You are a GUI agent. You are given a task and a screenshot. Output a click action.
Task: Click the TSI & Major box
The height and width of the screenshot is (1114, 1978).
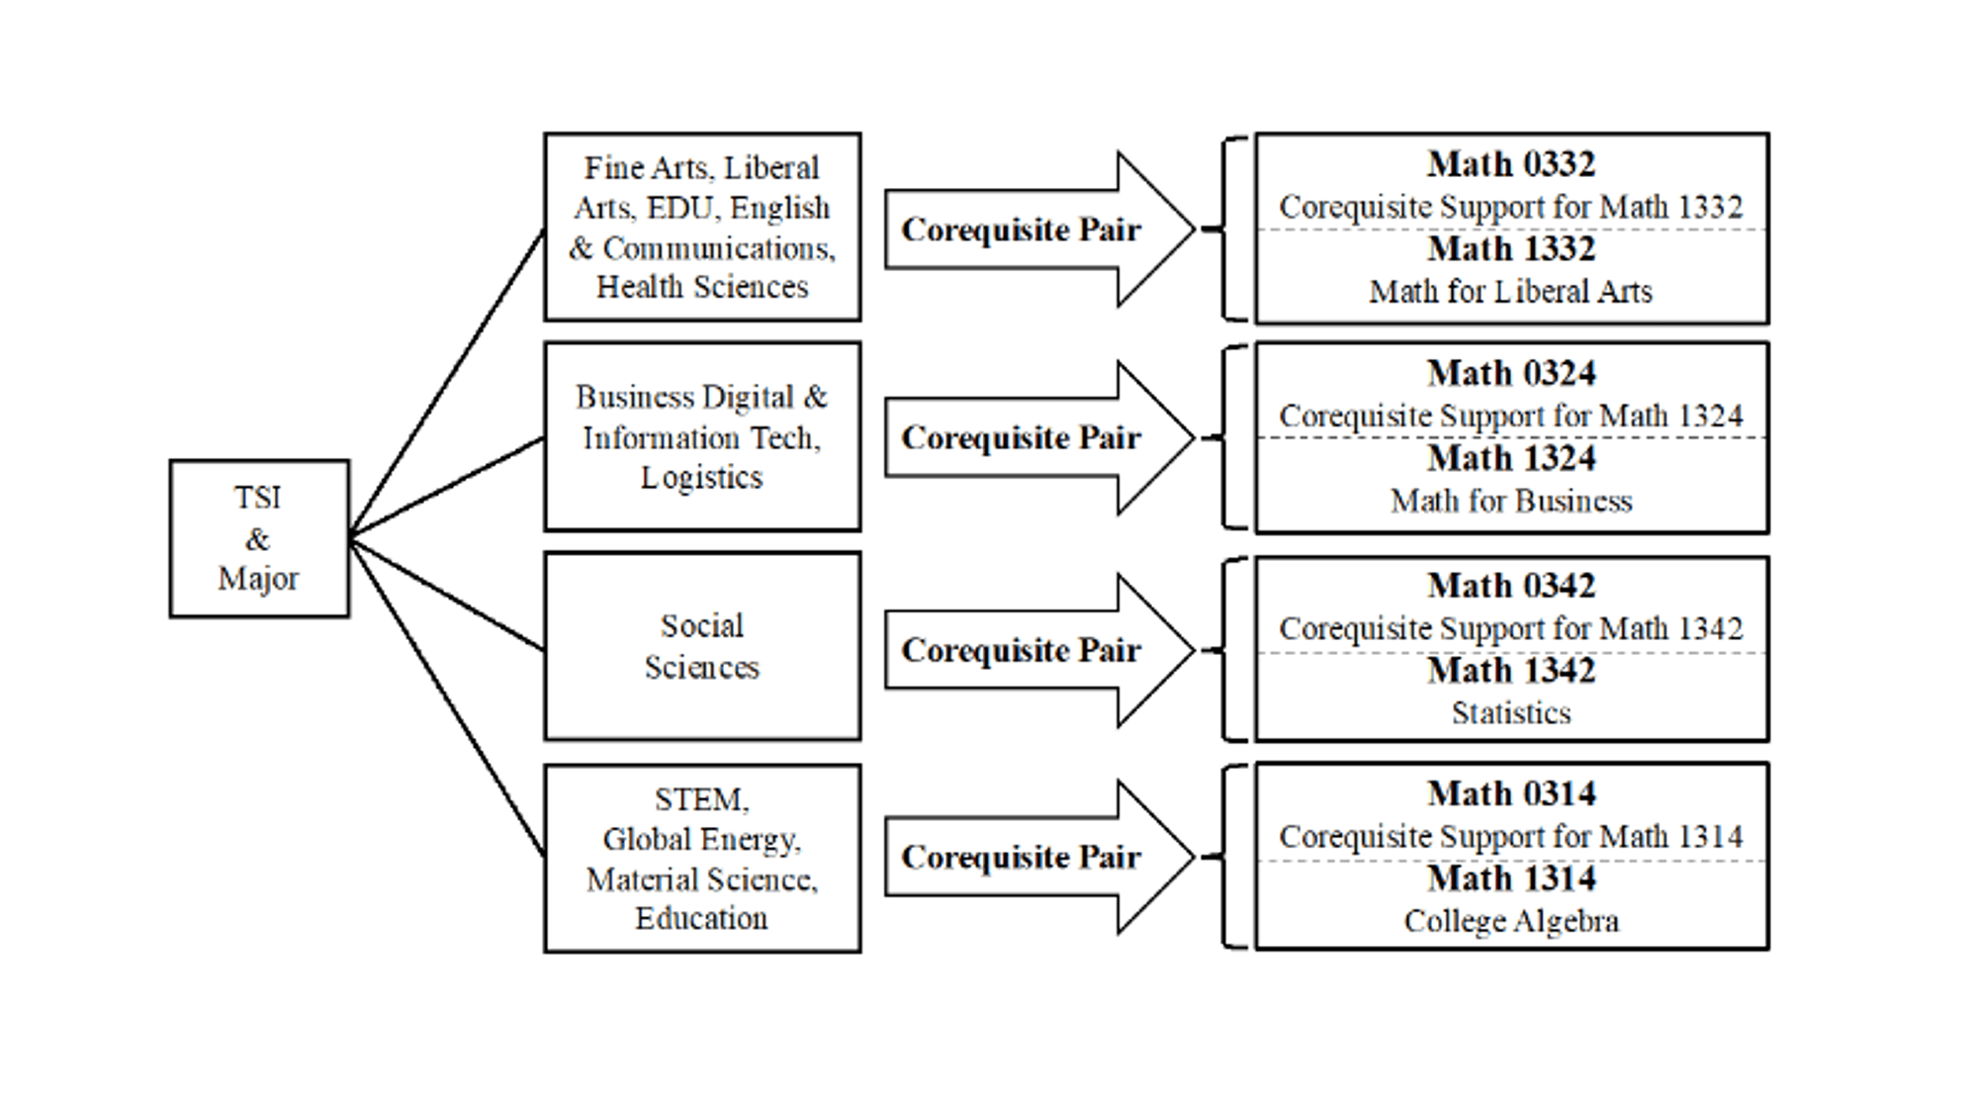tap(259, 539)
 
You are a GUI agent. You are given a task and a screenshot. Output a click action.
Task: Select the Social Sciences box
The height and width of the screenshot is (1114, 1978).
tap(701, 646)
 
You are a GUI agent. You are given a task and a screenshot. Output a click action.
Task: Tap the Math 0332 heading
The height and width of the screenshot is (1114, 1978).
tap(1510, 164)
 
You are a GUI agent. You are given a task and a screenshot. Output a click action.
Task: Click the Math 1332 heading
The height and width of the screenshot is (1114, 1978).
tap(1510, 249)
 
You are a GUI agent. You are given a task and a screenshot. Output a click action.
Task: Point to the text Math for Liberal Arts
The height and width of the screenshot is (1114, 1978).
tap(1510, 292)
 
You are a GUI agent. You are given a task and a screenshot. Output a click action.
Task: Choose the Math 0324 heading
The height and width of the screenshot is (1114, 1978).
tap(1510, 374)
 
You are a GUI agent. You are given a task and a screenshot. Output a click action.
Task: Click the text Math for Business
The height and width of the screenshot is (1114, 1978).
tap(1510, 502)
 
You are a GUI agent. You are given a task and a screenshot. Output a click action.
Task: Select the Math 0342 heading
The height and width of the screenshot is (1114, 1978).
tap(1510, 586)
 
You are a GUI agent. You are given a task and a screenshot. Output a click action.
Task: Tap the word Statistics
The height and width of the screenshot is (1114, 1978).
tap(1510, 713)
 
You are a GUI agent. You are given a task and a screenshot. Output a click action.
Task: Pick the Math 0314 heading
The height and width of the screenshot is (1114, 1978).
tap(1510, 793)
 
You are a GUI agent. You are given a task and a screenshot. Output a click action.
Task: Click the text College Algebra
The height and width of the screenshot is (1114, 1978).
tap(1510, 921)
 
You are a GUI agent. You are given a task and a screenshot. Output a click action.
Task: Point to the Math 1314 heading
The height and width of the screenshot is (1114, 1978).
tap(1510, 879)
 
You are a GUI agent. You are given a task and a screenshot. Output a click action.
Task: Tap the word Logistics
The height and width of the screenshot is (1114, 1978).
tap(701, 478)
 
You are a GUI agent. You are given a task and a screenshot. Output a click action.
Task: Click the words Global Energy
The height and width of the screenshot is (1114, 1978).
tap(701, 840)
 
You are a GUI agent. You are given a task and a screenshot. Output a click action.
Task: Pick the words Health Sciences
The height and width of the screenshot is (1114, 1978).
tap(701, 287)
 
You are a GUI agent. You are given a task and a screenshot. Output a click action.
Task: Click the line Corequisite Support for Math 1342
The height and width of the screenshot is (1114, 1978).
tap(1510, 629)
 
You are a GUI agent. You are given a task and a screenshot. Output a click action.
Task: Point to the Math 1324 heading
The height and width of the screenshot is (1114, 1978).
tap(1510, 459)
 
